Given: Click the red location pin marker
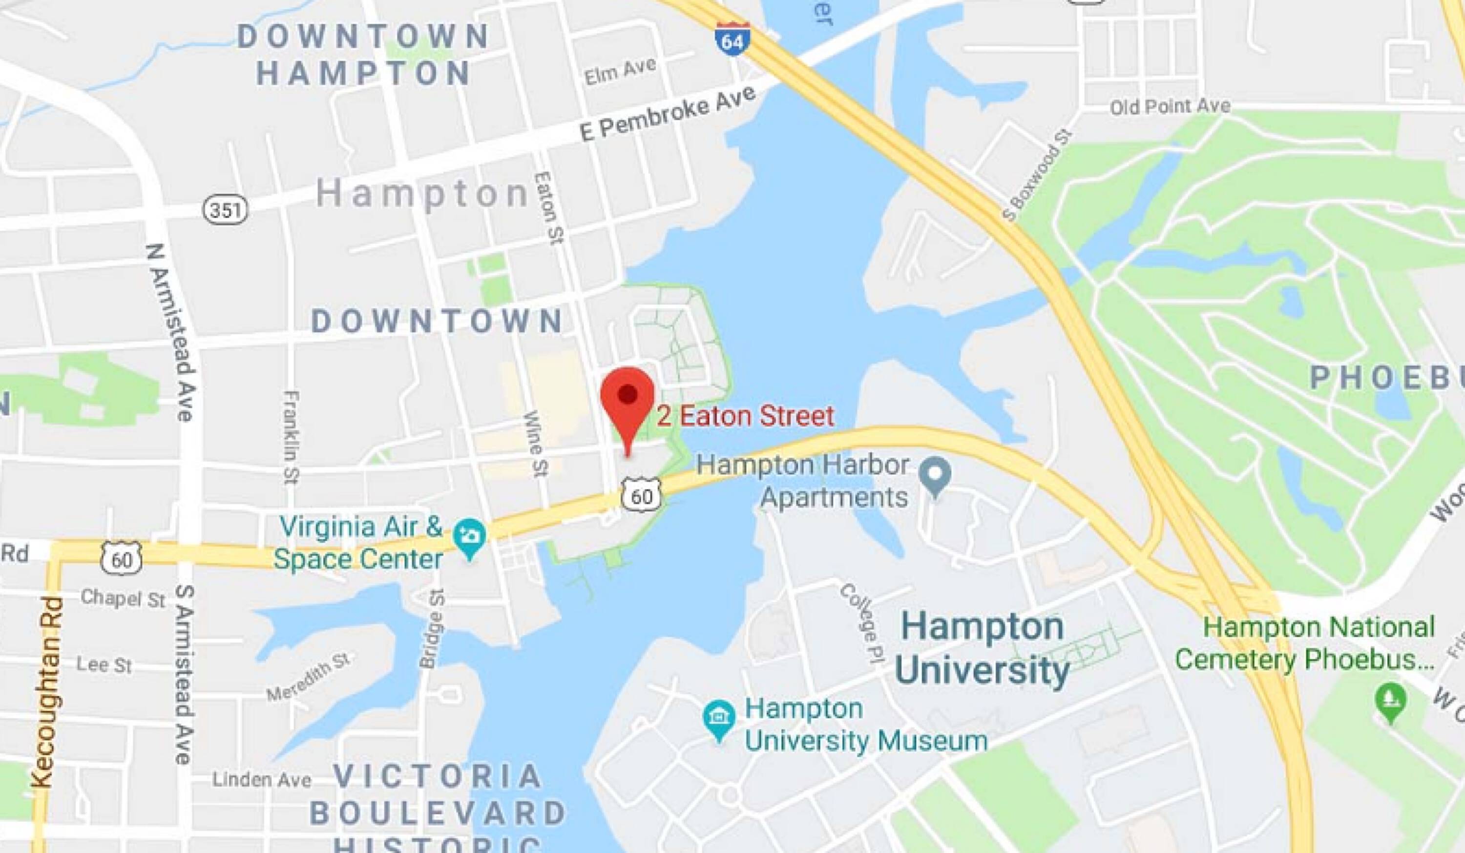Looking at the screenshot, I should coord(628,401).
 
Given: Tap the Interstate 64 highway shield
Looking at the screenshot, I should coord(732,39).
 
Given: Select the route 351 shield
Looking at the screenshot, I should coord(225,209).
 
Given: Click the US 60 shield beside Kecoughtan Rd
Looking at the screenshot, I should coord(122,558).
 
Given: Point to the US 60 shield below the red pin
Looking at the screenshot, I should coord(642,496).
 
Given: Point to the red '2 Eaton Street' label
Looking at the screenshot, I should coord(745,416).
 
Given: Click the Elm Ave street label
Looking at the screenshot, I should coord(620,72).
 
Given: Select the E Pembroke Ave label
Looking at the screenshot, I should coord(669,114).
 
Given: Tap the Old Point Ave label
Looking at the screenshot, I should coord(1170,107).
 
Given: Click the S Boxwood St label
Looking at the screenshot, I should coord(1037,177).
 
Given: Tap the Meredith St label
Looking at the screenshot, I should coord(309,677).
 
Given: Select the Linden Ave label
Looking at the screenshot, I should coord(261,779).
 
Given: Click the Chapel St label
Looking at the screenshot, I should coord(123,598).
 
